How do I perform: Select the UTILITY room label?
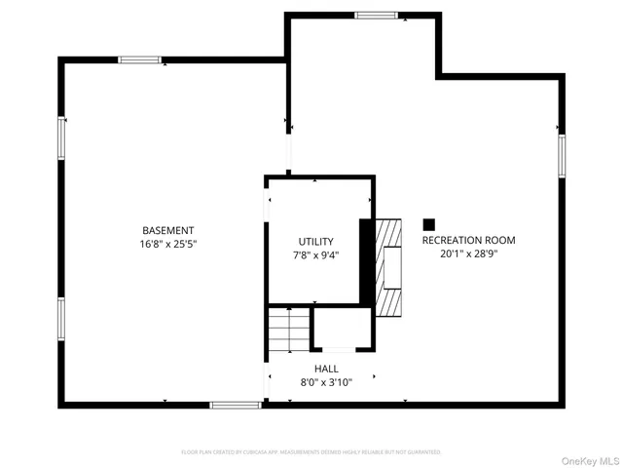[316, 242]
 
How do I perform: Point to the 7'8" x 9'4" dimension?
[316, 254]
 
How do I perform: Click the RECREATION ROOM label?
[468, 240]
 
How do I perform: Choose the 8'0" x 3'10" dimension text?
[326, 382]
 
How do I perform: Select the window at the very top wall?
[376, 15]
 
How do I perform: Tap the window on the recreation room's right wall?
[562, 156]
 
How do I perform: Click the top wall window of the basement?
[140, 60]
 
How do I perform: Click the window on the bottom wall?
[235, 405]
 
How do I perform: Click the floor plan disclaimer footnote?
[311, 452]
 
